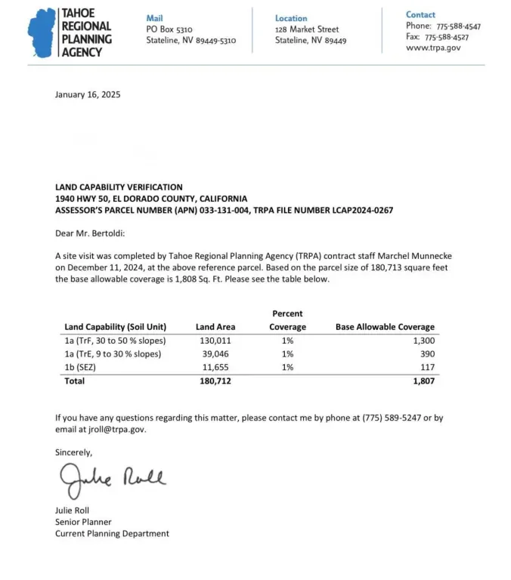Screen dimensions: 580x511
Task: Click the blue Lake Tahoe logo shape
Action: click(x=42, y=33)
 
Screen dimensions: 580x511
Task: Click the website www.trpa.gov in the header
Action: click(x=433, y=48)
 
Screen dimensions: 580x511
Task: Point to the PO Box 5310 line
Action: click(x=169, y=29)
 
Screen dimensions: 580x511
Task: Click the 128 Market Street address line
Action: click(x=307, y=29)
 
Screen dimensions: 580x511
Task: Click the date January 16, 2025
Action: click(x=88, y=95)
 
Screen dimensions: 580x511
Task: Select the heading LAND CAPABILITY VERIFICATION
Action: click(x=119, y=187)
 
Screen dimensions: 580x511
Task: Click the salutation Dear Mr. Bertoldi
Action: click(x=93, y=234)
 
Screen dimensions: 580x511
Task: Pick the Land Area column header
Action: click(x=215, y=327)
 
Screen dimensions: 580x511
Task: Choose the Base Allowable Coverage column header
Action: click(x=385, y=327)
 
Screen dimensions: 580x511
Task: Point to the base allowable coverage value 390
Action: click(x=427, y=354)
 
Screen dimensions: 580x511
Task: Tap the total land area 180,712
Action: click(x=214, y=381)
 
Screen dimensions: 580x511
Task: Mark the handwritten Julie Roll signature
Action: click(x=112, y=479)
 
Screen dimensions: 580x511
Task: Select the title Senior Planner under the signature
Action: click(x=83, y=522)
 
